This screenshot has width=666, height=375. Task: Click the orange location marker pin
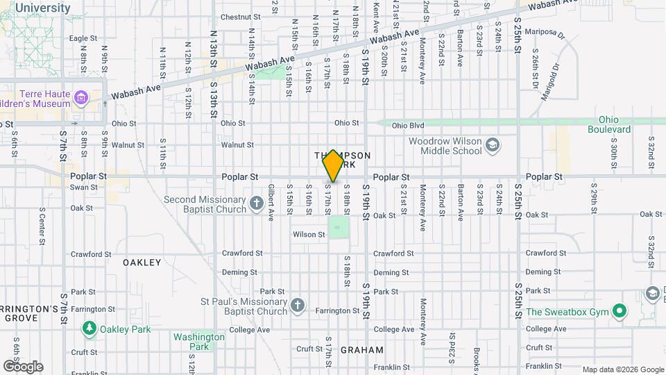333,166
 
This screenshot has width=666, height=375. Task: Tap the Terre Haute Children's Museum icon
82,98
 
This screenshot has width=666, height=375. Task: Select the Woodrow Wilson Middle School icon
493,145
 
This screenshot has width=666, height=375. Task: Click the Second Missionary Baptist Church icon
257,203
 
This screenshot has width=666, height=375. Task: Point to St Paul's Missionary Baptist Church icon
297,306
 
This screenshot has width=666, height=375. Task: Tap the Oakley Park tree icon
89,328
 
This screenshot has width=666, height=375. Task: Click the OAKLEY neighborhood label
142,262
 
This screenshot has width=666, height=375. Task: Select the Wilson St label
309,235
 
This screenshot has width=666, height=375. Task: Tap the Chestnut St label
240,17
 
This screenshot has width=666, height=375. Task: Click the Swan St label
84,187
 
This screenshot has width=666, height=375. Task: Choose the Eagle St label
83,38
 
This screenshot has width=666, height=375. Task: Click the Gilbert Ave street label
271,207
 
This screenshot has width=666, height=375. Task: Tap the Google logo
23,366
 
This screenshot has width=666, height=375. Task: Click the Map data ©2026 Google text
622,369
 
